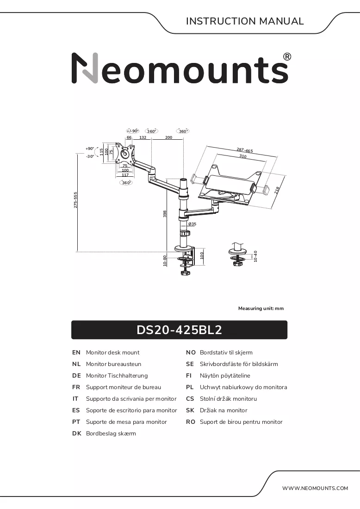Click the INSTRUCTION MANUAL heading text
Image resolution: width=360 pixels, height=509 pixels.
tap(245, 21)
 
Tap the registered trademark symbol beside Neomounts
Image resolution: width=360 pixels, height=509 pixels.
tap(287, 57)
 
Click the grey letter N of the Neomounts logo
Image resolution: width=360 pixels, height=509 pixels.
tap(85, 68)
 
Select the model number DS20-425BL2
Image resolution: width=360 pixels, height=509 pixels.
tap(179, 330)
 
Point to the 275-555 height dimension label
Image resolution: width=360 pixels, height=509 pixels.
tap(75, 200)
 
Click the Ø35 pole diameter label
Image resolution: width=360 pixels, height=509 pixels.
tap(192, 224)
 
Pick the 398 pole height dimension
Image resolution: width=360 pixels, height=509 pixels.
tap(165, 214)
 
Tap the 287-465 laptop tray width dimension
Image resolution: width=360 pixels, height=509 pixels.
tap(244, 150)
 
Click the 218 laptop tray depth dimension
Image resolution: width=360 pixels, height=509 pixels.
tap(277, 190)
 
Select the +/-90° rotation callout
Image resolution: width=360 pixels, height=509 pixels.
tap(132, 131)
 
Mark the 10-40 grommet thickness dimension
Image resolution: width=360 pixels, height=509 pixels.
tap(255, 256)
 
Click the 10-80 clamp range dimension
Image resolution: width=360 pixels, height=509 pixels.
tap(165, 261)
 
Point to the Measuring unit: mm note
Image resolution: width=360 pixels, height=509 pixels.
tap(261, 308)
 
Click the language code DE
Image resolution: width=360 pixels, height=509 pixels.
tap(77, 376)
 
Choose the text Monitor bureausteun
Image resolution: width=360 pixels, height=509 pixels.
tap(114, 364)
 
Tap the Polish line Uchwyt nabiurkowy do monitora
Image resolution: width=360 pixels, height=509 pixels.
tap(243, 387)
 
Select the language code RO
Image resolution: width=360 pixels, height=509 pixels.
tap(191, 422)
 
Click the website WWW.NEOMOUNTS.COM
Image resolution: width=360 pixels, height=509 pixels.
tap(315, 488)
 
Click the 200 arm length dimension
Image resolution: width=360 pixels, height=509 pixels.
tap(169, 137)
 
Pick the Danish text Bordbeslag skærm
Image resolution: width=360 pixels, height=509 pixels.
tap(111, 434)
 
